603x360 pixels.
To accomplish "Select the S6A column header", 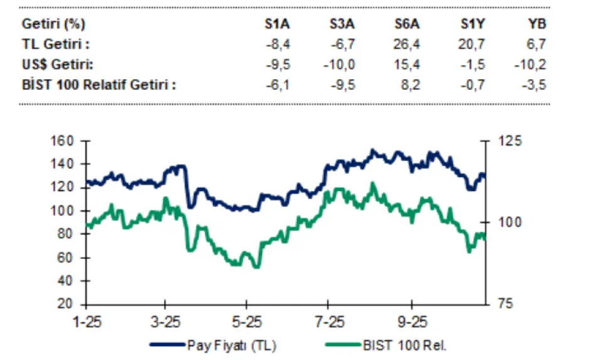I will (407, 25).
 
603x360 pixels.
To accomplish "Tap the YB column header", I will (537, 25).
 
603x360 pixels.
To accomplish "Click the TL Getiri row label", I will (56, 45).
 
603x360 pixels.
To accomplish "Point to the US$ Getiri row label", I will (58, 64).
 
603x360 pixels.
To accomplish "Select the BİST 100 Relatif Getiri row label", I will (99, 84).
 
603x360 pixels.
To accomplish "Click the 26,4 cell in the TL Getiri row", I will (409, 45).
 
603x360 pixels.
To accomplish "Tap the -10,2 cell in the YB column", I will (533, 64).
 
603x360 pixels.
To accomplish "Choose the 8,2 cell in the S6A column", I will (412, 84).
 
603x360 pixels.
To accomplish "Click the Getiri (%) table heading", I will (54, 25).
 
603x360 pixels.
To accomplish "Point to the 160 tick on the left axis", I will (63, 140).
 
